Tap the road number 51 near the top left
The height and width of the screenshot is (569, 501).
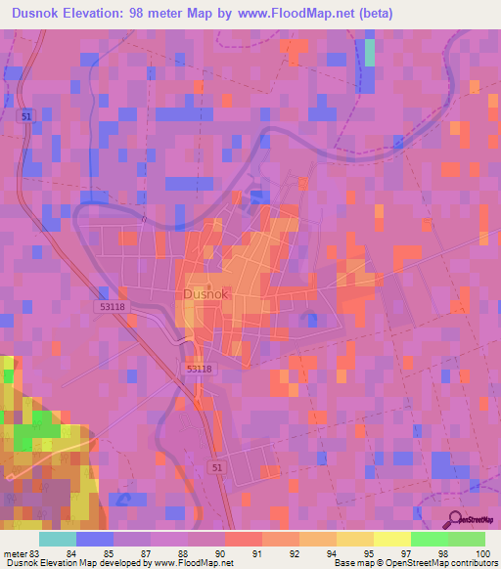click(25, 115)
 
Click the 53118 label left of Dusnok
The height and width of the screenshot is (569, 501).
click(112, 306)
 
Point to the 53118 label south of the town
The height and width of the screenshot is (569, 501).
click(198, 369)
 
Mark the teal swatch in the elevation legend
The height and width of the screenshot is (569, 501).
click(58, 539)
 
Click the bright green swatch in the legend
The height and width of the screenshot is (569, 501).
click(430, 539)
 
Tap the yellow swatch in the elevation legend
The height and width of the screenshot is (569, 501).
click(392, 539)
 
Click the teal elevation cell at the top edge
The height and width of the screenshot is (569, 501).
click(370, 51)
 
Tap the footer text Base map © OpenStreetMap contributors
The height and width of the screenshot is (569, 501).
click(415, 562)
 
